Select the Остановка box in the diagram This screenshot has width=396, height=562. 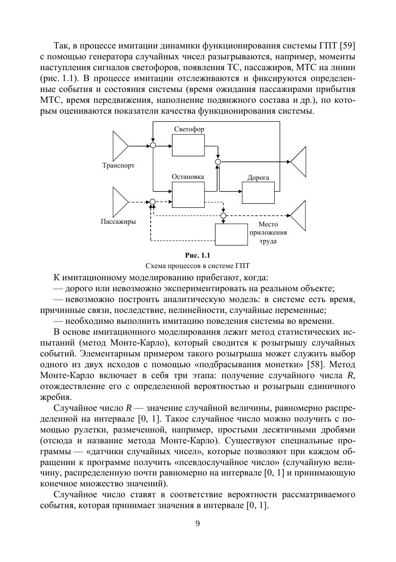click(188, 194)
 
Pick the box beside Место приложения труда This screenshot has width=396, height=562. click(231, 235)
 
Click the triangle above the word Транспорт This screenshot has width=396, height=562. click(119, 146)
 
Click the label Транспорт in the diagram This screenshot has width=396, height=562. click(118, 166)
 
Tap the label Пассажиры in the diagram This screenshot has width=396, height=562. click(119, 222)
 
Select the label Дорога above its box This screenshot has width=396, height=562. click(258, 178)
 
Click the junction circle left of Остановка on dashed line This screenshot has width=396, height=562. click(153, 202)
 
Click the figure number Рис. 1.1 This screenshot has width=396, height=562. click(197, 255)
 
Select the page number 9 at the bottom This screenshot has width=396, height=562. click(197, 524)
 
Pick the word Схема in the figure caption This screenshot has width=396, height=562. click(154, 265)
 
